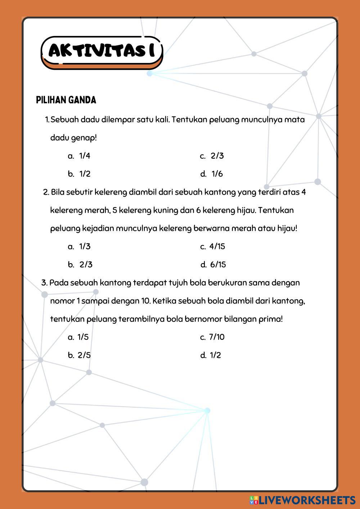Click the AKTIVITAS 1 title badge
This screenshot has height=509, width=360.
[102, 51]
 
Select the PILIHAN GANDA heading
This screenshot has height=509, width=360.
[66, 100]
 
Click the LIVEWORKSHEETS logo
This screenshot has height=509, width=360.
[302, 500]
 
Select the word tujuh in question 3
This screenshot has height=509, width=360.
[176, 283]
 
